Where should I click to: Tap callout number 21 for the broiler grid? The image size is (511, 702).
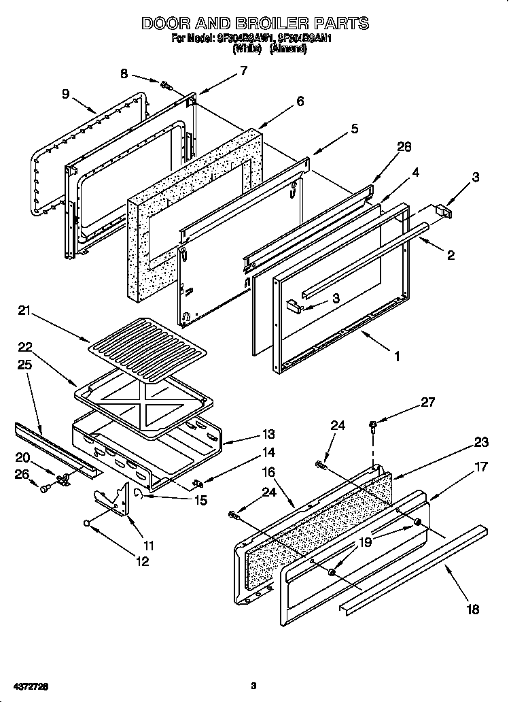(x=25, y=312)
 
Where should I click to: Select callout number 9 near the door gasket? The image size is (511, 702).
(x=65, y=94)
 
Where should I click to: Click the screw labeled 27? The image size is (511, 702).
(x=373, y=426)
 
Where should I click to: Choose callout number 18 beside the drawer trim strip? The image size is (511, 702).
(x=473, y=609)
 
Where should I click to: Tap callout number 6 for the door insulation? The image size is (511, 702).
(x=299, y=101)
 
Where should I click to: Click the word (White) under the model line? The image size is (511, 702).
(x=245, y=49)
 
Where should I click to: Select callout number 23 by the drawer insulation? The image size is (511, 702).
(x=481, y=442)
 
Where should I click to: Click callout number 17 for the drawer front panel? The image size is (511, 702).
(x=482, y=468)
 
